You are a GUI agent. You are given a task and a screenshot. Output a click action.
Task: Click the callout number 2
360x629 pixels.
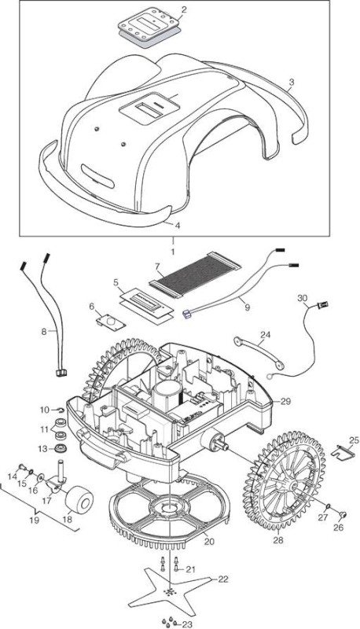[x=184, y=9]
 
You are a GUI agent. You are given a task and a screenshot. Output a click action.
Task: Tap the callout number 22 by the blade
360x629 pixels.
[x=223, y=579]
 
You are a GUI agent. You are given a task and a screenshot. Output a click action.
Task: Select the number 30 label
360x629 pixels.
[x=303, y=298]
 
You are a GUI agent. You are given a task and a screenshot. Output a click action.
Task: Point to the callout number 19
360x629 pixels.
[x=34, y=520]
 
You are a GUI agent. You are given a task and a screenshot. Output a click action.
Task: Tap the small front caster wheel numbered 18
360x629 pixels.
[x=79, y=498]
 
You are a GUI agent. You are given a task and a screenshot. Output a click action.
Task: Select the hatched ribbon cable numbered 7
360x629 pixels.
[x=195, y=275]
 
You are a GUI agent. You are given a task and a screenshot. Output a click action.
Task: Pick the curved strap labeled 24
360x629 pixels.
[x=259, y=351]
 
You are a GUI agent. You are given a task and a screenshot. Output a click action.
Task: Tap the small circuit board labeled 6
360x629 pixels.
[x=110, y=322]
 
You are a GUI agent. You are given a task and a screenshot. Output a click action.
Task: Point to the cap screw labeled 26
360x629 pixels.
[x=343, y=514]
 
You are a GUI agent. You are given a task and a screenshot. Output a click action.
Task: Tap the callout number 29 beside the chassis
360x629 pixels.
[x=285, y=401]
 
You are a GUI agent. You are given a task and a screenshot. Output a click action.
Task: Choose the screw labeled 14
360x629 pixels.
[x=24, y=467]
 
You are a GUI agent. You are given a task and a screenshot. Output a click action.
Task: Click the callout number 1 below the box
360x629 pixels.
[x=173, y=252]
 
